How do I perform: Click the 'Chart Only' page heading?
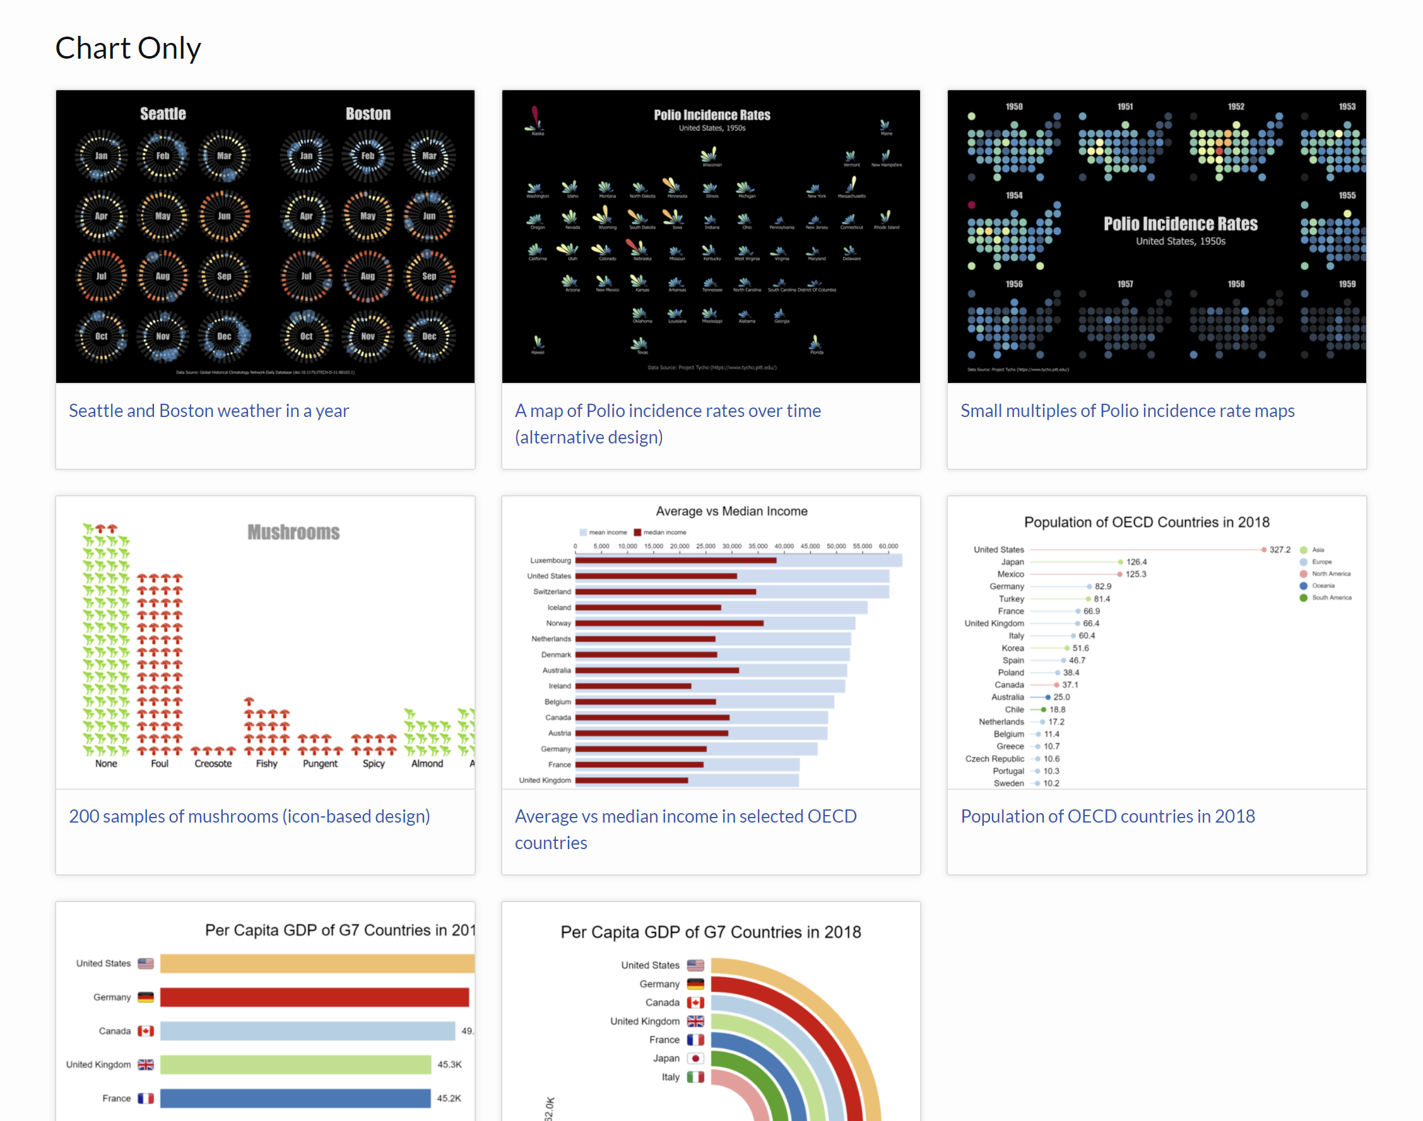[128, 48]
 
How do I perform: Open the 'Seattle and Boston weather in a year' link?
[209, 411]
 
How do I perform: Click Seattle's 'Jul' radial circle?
[101, 276]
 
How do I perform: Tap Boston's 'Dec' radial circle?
[429, 336]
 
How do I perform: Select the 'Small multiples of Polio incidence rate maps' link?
[1127, 411]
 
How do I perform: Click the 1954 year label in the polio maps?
[1014, 196]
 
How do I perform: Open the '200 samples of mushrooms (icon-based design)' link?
[249, 816]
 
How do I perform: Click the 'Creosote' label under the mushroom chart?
[213, 764]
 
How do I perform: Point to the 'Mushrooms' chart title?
[293, 532]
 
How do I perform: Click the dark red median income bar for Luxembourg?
[675, 560]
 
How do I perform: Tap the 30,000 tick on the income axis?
[731, 546]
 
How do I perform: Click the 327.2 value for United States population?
[1279, 550]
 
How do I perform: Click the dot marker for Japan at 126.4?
[1121, 562]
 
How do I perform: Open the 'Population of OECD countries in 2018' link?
[1107, 816]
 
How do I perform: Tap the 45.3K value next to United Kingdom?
[449, 1065]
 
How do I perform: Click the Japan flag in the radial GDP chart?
[695, 1059]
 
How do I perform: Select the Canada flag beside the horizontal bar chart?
[146, 1031]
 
